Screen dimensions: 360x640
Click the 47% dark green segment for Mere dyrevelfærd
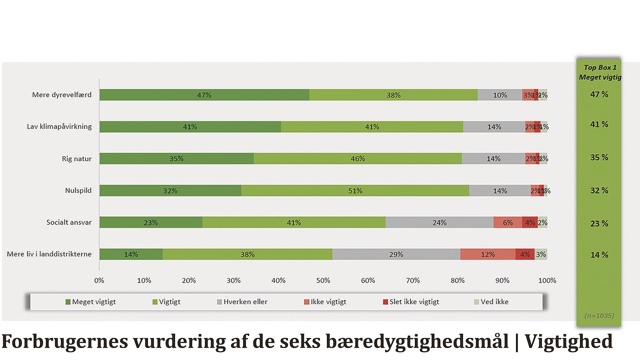(204, 95)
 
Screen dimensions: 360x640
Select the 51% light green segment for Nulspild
(355, 190)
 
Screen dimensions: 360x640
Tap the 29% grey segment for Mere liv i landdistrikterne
(396, 254)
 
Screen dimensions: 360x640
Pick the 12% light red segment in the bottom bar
(488, 254)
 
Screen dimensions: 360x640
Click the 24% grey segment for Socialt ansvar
(439, 222)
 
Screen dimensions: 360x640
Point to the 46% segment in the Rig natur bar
(358, 158)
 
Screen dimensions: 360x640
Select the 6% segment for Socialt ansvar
(508, 222)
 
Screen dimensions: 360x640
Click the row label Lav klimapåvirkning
(59, 126)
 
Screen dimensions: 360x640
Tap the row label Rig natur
(76, 159)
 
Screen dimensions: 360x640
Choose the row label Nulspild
(78, 190)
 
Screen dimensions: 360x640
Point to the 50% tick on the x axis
(323, 280)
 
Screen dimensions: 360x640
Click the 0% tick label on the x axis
(99, 280)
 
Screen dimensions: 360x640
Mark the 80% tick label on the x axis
(458, 280)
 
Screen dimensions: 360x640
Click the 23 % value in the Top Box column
(599, 224)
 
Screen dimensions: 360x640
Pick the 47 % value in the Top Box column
(599, 94)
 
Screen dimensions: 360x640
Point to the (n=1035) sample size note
(599, 316)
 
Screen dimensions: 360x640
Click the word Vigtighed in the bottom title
(568, 341)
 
